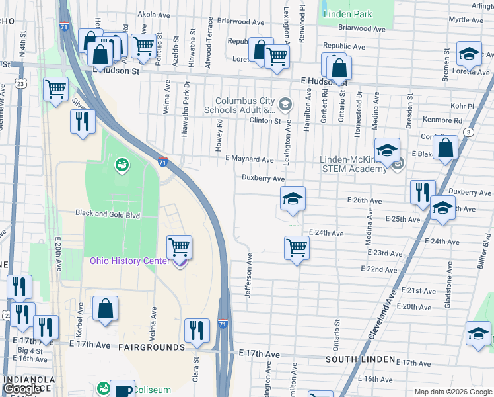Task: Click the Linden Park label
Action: click(347, 14)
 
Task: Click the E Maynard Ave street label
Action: click(249, 159)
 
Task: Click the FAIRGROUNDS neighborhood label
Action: click(151, 347)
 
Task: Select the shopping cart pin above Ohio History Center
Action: click(179, 247)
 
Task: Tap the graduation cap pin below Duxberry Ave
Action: click(293, 198)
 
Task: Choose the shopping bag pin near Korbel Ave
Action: click(105, 308)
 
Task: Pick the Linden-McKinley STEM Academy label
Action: click(353, 164)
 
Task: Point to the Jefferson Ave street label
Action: click(250, 275)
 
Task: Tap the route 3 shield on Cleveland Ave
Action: click(468, 132)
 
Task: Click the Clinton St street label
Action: click(265, 120)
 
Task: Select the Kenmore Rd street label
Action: click(444, 121)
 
